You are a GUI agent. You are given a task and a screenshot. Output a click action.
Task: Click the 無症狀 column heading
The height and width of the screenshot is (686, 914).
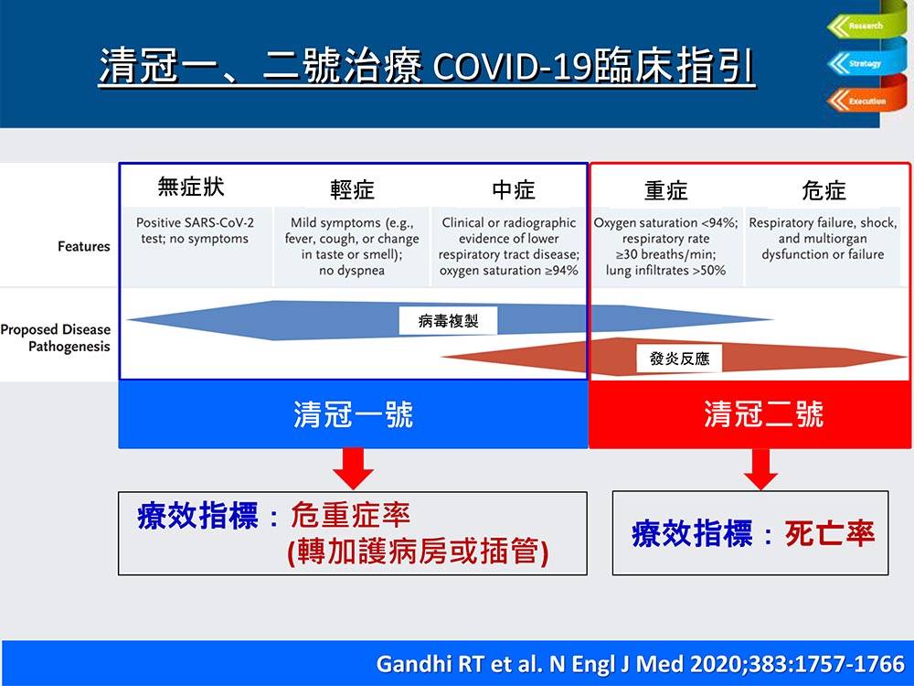(x=191, y=187)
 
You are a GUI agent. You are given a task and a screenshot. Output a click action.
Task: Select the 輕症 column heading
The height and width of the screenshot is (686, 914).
(x=352, y=190)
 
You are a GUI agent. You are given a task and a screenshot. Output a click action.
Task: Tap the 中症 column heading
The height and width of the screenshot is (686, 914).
(x=513, y=190)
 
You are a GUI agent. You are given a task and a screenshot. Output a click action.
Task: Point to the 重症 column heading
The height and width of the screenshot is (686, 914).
(x=665, y=191)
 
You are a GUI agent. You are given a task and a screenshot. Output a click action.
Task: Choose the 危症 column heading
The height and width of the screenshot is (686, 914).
(x=824, y=191)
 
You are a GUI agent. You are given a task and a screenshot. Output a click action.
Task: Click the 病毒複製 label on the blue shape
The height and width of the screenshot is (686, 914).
(x=448, y=321)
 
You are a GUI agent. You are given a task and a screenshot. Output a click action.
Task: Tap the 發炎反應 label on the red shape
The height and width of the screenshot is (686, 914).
(x=679, y=359)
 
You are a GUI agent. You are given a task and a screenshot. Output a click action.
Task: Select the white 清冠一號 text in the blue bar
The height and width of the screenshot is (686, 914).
(x=353, y=414)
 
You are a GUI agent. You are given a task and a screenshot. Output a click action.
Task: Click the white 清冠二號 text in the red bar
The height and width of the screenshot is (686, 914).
(x=763, y=414)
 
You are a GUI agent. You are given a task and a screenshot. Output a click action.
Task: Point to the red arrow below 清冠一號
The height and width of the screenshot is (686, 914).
(x=353, y=468)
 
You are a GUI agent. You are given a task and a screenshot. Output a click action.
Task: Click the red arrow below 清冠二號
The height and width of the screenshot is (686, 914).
(x=760, y=469)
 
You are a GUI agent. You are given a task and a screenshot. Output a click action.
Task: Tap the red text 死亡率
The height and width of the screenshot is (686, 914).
(x=830, y=534)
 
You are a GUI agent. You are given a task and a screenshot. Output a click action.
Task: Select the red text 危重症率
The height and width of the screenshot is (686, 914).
(x=350, y=515)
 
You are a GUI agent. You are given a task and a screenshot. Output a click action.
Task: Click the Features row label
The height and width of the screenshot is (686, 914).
(x=84, y=247)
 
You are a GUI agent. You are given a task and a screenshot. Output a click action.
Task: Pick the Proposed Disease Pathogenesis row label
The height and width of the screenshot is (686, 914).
(x=56, y=338)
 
